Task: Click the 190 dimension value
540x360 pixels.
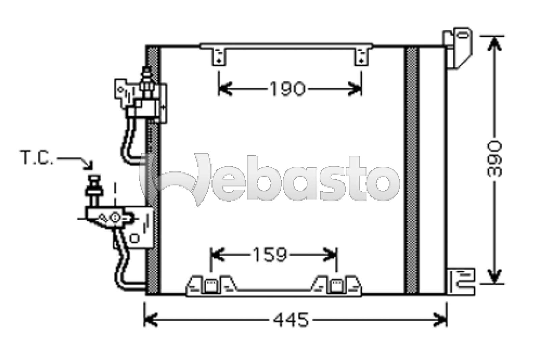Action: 288,88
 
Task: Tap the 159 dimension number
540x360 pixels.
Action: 270,255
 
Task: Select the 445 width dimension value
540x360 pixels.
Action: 291,320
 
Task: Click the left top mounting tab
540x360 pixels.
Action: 219,57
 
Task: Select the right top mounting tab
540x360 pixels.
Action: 361,57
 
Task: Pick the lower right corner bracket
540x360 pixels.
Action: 461,282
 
